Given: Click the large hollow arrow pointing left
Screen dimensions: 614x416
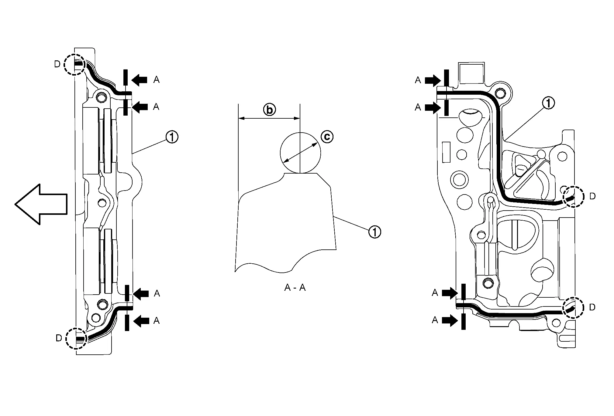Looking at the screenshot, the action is point(41,204).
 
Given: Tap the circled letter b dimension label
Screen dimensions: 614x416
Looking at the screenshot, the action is point(269,110).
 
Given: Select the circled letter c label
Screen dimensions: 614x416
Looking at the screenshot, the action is point(327,137).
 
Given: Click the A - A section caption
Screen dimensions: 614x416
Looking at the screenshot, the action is point(295,287).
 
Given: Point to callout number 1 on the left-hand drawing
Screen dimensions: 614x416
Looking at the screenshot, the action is point(172,137).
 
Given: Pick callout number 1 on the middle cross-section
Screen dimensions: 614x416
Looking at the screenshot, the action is point(374,232).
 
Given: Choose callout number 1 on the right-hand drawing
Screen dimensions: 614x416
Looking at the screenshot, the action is point(548,103).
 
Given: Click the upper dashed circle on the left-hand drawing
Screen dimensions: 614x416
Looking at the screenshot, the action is point(74,64).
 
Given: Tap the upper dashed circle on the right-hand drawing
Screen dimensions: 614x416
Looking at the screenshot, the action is point(573,196).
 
